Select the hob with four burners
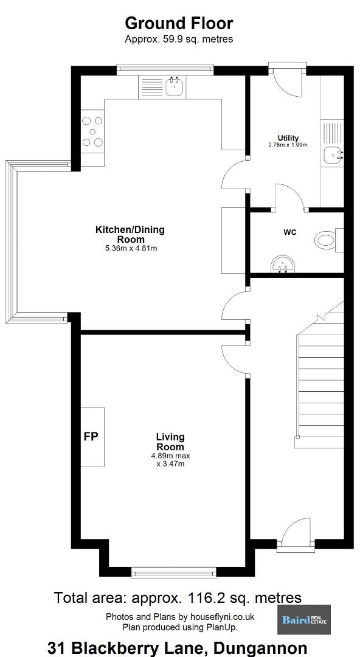coord(92,131)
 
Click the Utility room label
coord(288,138)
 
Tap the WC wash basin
coord(283,265)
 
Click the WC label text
coord(290,232)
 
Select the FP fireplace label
coord(91,437)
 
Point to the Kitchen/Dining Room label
coord(130,234)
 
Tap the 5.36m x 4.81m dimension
coord(130,248)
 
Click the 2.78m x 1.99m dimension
coord(288,145)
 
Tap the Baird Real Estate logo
coord(304,619)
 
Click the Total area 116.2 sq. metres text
coord(178,597)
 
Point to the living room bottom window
coord(173,572)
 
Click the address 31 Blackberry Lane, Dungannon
coord(178,648)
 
